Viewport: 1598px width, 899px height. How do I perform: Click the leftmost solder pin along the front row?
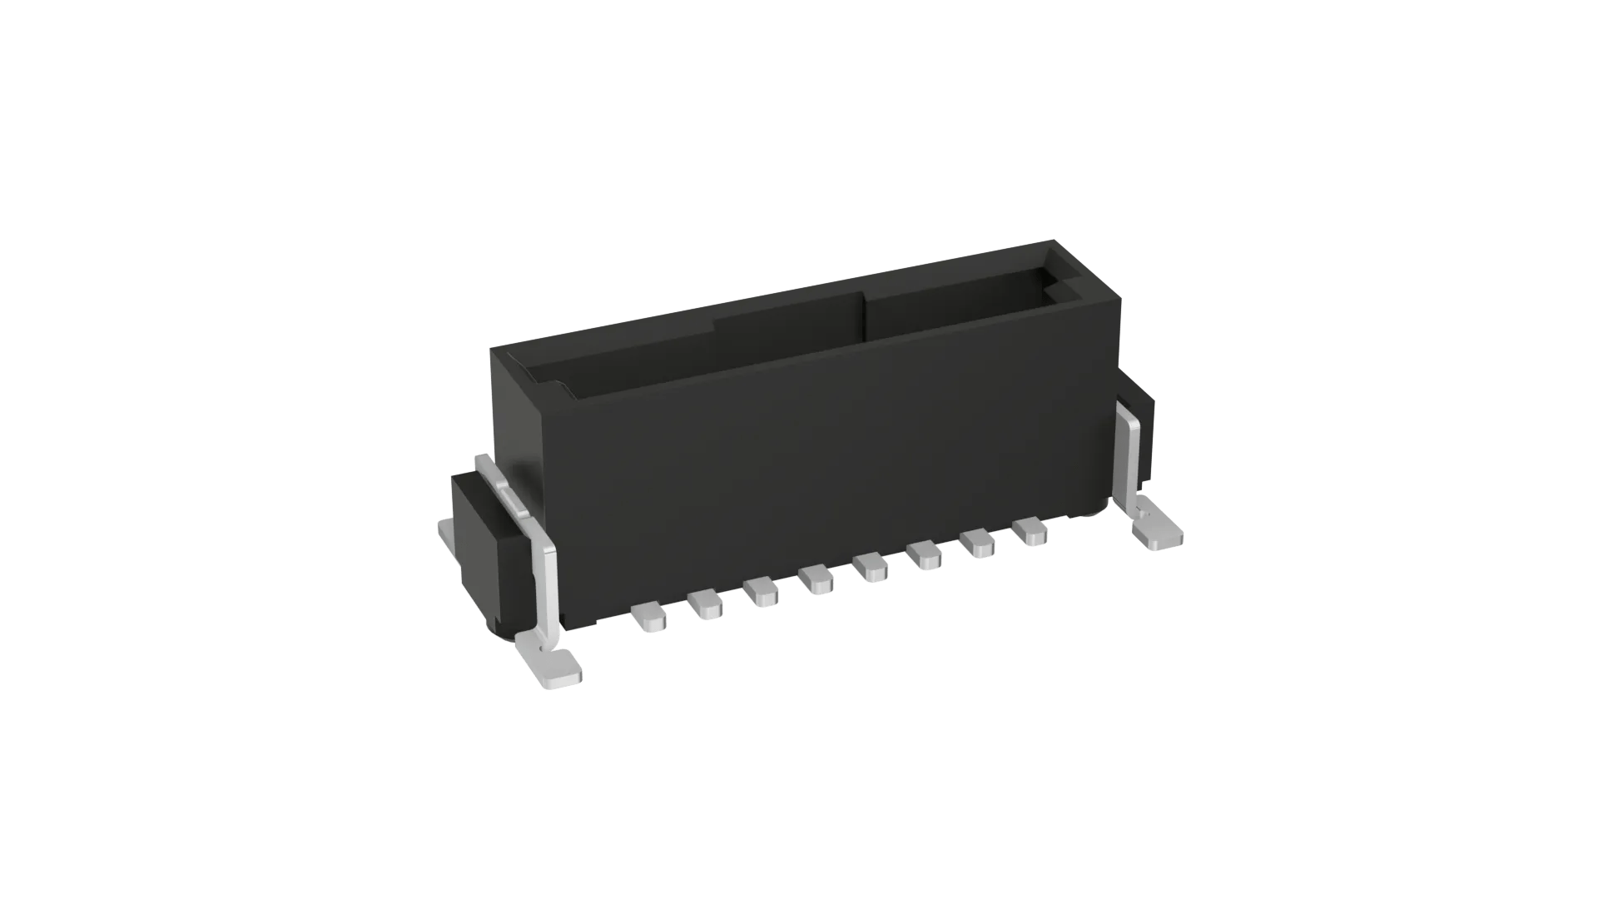pyautogui.click(x=650, y=618)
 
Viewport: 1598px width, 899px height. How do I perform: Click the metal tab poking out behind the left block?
pyautogui.click(x=447, y=533)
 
